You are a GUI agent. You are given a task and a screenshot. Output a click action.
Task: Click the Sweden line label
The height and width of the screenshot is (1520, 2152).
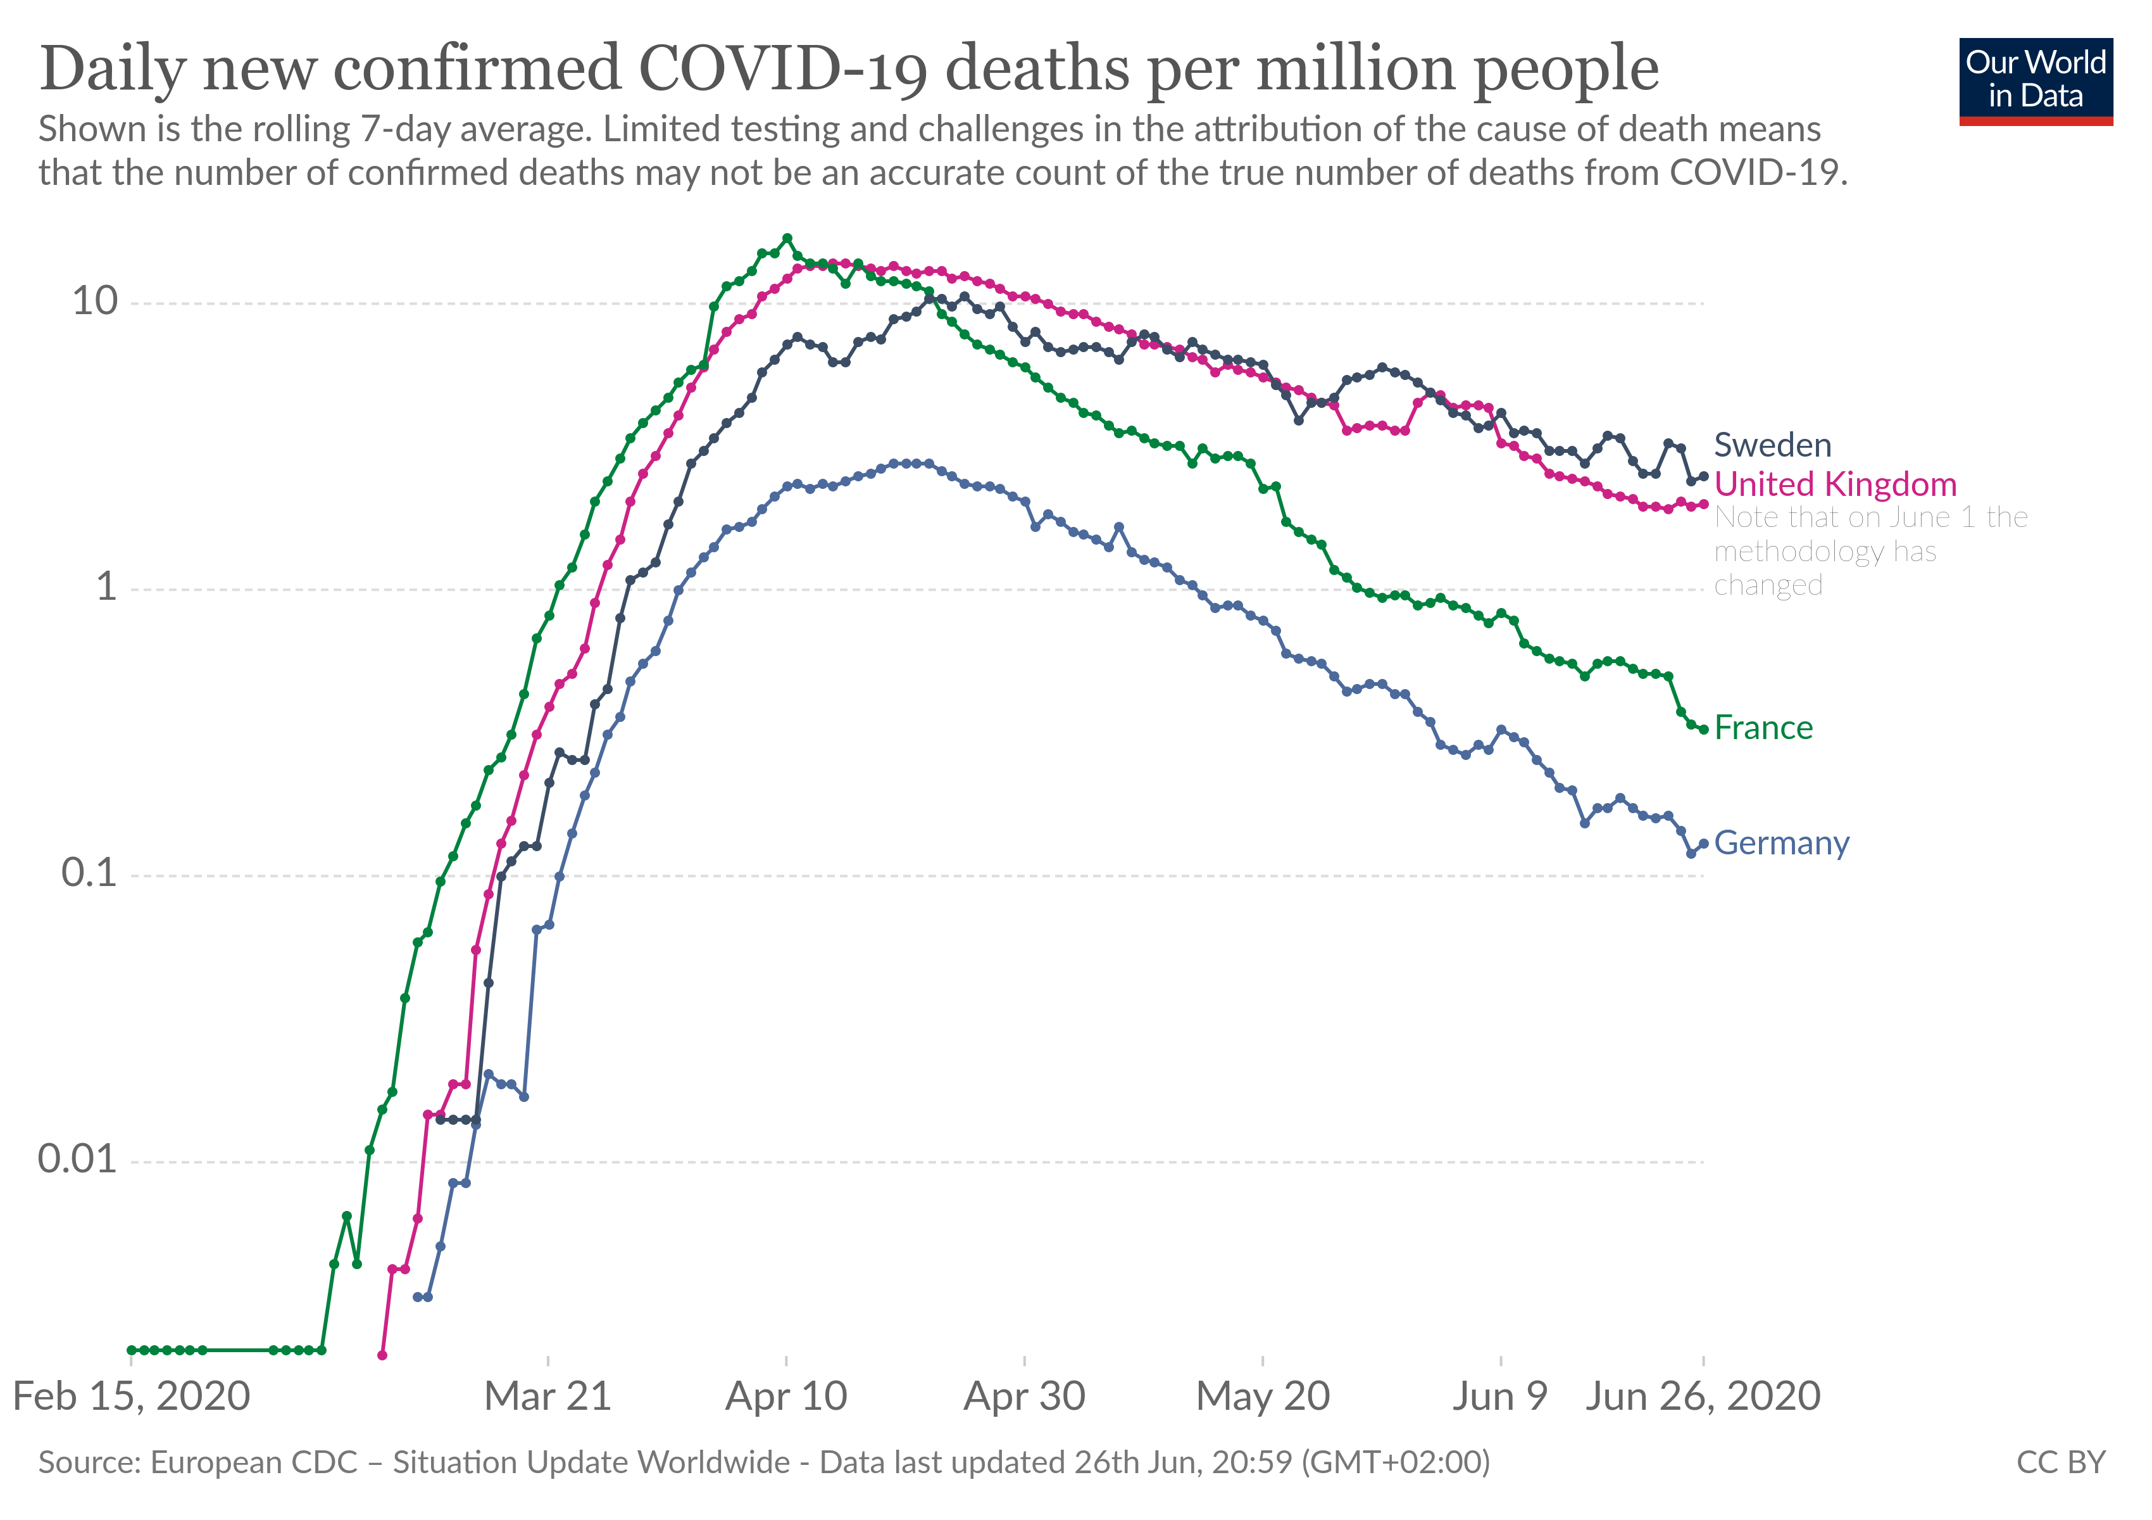click(1772, 445)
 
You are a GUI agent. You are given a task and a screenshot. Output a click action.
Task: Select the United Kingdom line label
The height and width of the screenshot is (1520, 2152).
click(1834, 484)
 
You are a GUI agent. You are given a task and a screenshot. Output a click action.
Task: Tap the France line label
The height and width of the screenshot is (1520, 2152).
click(1762, 728)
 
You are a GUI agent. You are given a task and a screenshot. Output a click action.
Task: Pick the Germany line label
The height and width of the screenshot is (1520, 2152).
click(1781, 843)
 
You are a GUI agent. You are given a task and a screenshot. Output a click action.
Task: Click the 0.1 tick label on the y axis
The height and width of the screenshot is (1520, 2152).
click(89, 873)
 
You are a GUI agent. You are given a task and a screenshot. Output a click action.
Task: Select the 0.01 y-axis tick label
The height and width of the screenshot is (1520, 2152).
click(77, 1160)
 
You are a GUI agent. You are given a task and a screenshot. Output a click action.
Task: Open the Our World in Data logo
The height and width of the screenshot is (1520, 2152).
click(2035, 80)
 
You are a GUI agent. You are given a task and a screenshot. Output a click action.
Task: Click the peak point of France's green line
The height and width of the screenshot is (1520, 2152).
click(786, 238)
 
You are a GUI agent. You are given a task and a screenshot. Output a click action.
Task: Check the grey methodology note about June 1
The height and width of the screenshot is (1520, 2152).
click(1870, 552)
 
